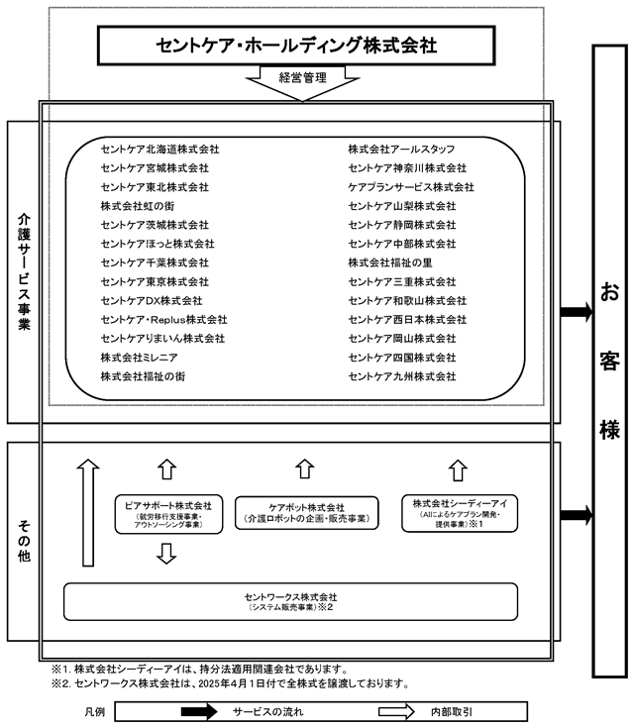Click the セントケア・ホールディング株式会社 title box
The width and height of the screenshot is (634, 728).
tap(296, 46)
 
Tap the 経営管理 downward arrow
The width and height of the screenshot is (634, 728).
tap(302, 82)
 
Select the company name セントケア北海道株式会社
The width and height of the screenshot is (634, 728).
tap(159, 149)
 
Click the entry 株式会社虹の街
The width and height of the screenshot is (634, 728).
tap(138, 206)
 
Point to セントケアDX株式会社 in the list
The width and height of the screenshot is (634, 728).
tap(152, 300)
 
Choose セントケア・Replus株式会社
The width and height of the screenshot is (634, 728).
tap(164, 319)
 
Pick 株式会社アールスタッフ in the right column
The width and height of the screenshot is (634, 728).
tap(401, 149)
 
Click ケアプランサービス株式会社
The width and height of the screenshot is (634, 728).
tap(411, 186)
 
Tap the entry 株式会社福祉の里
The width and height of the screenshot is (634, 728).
tap(390, 262)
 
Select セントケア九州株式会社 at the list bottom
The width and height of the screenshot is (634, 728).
tap(402, 376)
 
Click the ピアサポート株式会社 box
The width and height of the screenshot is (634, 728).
tap(168, 514)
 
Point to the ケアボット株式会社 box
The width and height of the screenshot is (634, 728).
tap(306, 513)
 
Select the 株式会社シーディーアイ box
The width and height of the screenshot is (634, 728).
tap(460, 513)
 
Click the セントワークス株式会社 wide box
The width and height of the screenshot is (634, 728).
tap(290, 602)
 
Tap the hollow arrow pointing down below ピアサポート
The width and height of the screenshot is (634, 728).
tap(166, 554)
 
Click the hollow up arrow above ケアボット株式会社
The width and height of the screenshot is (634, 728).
tap(305, 468)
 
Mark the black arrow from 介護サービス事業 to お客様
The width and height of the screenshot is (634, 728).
tap(577, 312)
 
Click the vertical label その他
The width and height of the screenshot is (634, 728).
tap(24, 541)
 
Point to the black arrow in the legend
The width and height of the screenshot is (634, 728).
tap(199, 711)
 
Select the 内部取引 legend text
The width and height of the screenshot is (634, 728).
tap(451, 712)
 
